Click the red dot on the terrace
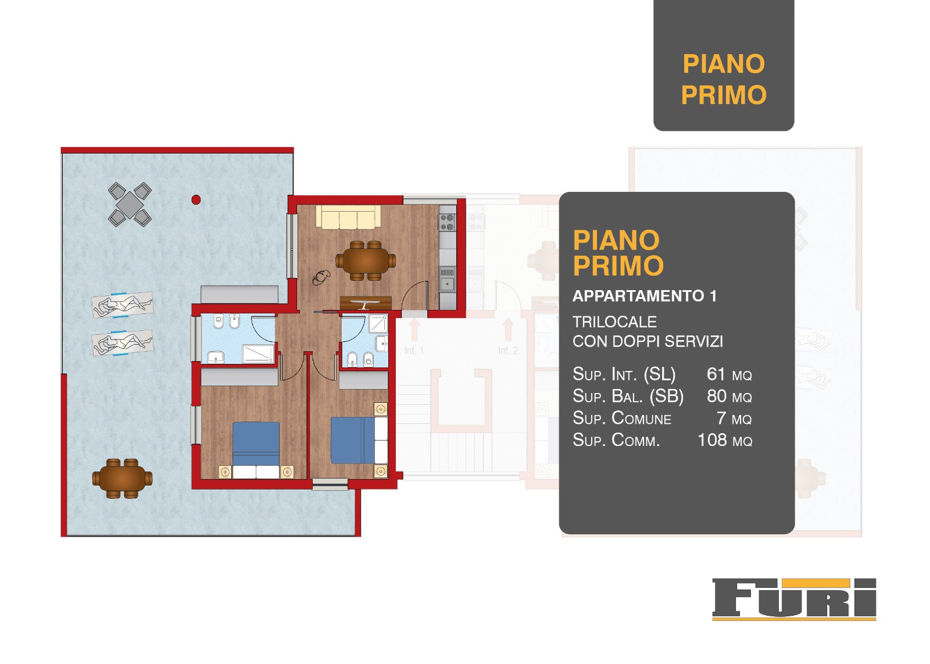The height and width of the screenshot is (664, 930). tap(196, 200)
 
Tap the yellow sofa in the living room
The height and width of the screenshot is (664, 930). tap(348, 217)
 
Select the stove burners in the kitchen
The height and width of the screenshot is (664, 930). tap(447, 222)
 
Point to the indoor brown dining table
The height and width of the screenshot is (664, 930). tap(366, 261)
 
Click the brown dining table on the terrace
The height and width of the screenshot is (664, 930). tap(122, 478)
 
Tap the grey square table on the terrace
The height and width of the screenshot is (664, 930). tap(130, 205)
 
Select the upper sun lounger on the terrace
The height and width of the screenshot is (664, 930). tap(122, 305)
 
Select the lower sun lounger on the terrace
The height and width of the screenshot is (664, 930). tap(122, 342)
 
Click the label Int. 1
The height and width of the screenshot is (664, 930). tap(414, 351)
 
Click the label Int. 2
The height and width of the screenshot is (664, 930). tap(508, 351)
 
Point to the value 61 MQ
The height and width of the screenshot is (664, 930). tap(729, 374)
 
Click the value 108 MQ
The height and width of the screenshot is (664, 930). tap(725, 440)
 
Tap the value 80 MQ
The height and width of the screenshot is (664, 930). tap(729, 396)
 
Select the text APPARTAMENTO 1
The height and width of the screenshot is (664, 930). tap(645, 296)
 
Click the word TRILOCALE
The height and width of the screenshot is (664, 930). tap(614, 322)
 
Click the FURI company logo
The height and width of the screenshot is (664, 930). tap(794, 599)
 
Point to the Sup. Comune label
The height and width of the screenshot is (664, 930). tap(621, 418)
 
